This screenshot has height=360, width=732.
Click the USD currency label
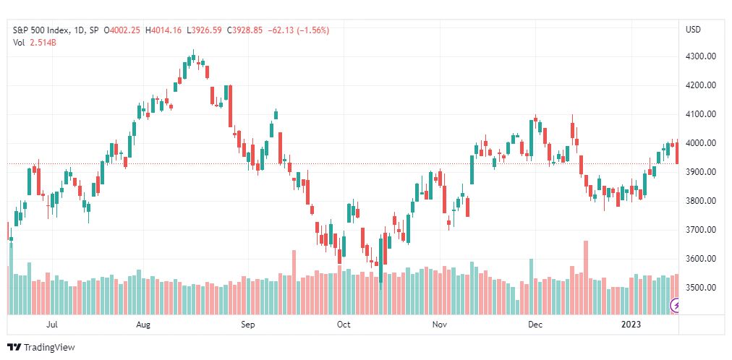[x=693, y=30]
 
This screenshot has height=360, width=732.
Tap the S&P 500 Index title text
[x=41, y=30]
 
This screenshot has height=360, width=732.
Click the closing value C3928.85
[x=244, y=30]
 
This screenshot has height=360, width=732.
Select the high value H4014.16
[x=164, y=30]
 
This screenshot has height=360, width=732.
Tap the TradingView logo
[x=41, y=348]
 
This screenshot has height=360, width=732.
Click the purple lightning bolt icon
[x=675, y=306]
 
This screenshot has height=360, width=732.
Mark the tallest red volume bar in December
[x=586, y=278]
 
